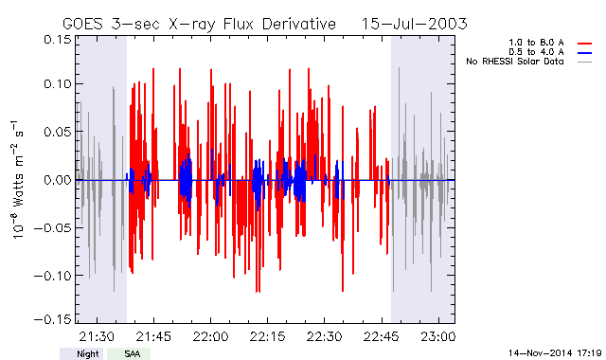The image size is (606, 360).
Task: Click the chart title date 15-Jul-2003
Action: tap(414, 24)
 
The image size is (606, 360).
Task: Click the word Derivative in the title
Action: tap(299, 24)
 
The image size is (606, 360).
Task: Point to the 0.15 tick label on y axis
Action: tap(58, 40)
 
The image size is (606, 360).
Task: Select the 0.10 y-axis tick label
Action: tap(58, 83)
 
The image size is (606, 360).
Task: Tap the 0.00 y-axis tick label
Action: tap(58, 180)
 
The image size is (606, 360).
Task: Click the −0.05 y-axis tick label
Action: tap(53, 227)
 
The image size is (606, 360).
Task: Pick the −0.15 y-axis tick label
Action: tap(53, 319)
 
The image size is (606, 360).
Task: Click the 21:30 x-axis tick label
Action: tap(97, 336)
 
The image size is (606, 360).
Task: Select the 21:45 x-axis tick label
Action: tap(153, 336)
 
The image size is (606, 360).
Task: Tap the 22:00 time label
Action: tap(210, 336)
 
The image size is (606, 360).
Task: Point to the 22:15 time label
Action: tap(267, 336)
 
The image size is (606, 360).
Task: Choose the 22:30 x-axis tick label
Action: tap(324, 336)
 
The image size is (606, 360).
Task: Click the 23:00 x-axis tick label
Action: tap(438, 336)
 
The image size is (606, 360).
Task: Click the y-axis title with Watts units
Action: tap(17, 180)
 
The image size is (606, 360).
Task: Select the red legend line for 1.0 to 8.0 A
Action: tap(585, 44)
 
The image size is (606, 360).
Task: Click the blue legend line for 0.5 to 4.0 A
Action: tap(585, 53)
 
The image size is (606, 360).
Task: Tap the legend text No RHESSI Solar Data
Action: tap(515, 62)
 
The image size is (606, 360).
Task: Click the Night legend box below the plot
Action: tap(81, 353)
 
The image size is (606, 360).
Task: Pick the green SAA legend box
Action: tap(129, 353)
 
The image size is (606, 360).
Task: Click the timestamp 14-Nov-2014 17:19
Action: tap(555, 353)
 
